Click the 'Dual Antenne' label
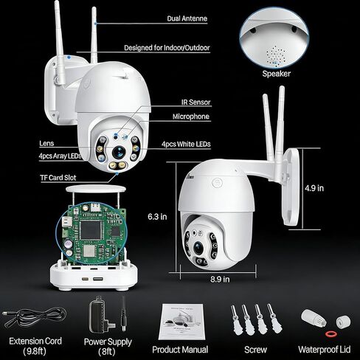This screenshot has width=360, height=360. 187,18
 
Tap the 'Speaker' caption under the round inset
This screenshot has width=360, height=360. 277,74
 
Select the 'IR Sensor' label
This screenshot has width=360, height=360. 196,102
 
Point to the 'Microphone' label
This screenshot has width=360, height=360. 191,117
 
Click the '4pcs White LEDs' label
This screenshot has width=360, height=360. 186,144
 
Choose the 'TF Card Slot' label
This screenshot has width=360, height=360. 58,178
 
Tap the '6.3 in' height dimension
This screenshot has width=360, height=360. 157,217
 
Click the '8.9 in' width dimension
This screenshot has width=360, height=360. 220,279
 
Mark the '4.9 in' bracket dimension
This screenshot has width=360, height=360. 314,188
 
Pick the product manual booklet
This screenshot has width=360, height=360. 181,322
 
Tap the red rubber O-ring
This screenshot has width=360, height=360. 330,334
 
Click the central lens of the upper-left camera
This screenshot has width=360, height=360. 119,152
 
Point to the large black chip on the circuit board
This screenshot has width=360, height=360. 91,230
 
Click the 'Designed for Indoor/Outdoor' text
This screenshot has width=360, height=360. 167,48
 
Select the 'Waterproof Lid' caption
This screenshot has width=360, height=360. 325,350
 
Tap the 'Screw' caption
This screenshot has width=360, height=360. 255,350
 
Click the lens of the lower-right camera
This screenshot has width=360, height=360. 198,249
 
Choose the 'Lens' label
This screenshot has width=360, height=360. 46,143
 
